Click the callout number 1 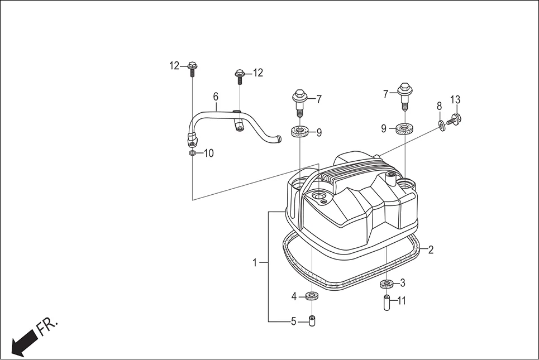(x=255, y=262)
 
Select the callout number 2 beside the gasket (x=431, y=250)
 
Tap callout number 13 (x=455, y=100)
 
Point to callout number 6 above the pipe (x=216, y=97)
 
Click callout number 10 (x=208, y=153)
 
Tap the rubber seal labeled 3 (x=385, y=285)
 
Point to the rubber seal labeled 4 (x=311, y=295)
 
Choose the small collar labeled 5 (x=312, y=321)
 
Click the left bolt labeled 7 (x=300, y=101)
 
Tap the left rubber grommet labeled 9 (x=300, y=132)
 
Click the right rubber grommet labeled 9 (x=404, y=129)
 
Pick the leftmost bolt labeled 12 (x=192, y=68)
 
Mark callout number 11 (x=402, y=301)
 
